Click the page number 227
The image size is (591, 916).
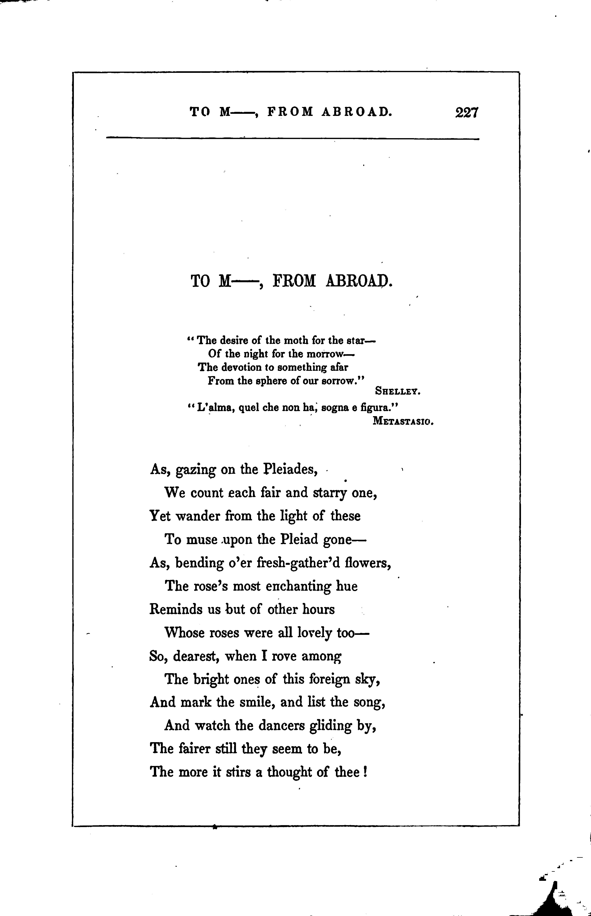click(x=467, y=113)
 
